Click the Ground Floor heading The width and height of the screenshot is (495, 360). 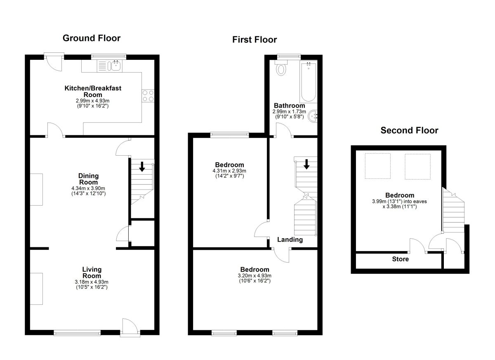tap(91, 38)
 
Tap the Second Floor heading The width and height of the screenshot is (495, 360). tap(409, 130)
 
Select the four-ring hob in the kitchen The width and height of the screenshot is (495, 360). tap(148, 95)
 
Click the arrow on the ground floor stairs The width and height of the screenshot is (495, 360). tap(141, 166)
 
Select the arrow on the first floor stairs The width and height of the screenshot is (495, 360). tap(306, 164)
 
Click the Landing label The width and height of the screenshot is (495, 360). tap(290, 239)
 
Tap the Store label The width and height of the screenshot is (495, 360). tap(400, 259)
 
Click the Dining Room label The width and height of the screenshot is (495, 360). tap(88, 179)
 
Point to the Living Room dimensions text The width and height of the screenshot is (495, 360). tap(92, 284)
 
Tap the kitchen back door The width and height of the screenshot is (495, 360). tap(54, 62)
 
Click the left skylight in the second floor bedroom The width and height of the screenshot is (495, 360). tap(377, 166)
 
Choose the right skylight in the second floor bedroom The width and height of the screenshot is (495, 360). tap(417, 166)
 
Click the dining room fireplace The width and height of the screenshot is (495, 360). tap(36, 189)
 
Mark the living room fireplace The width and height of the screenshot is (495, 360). tap(36, 289)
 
